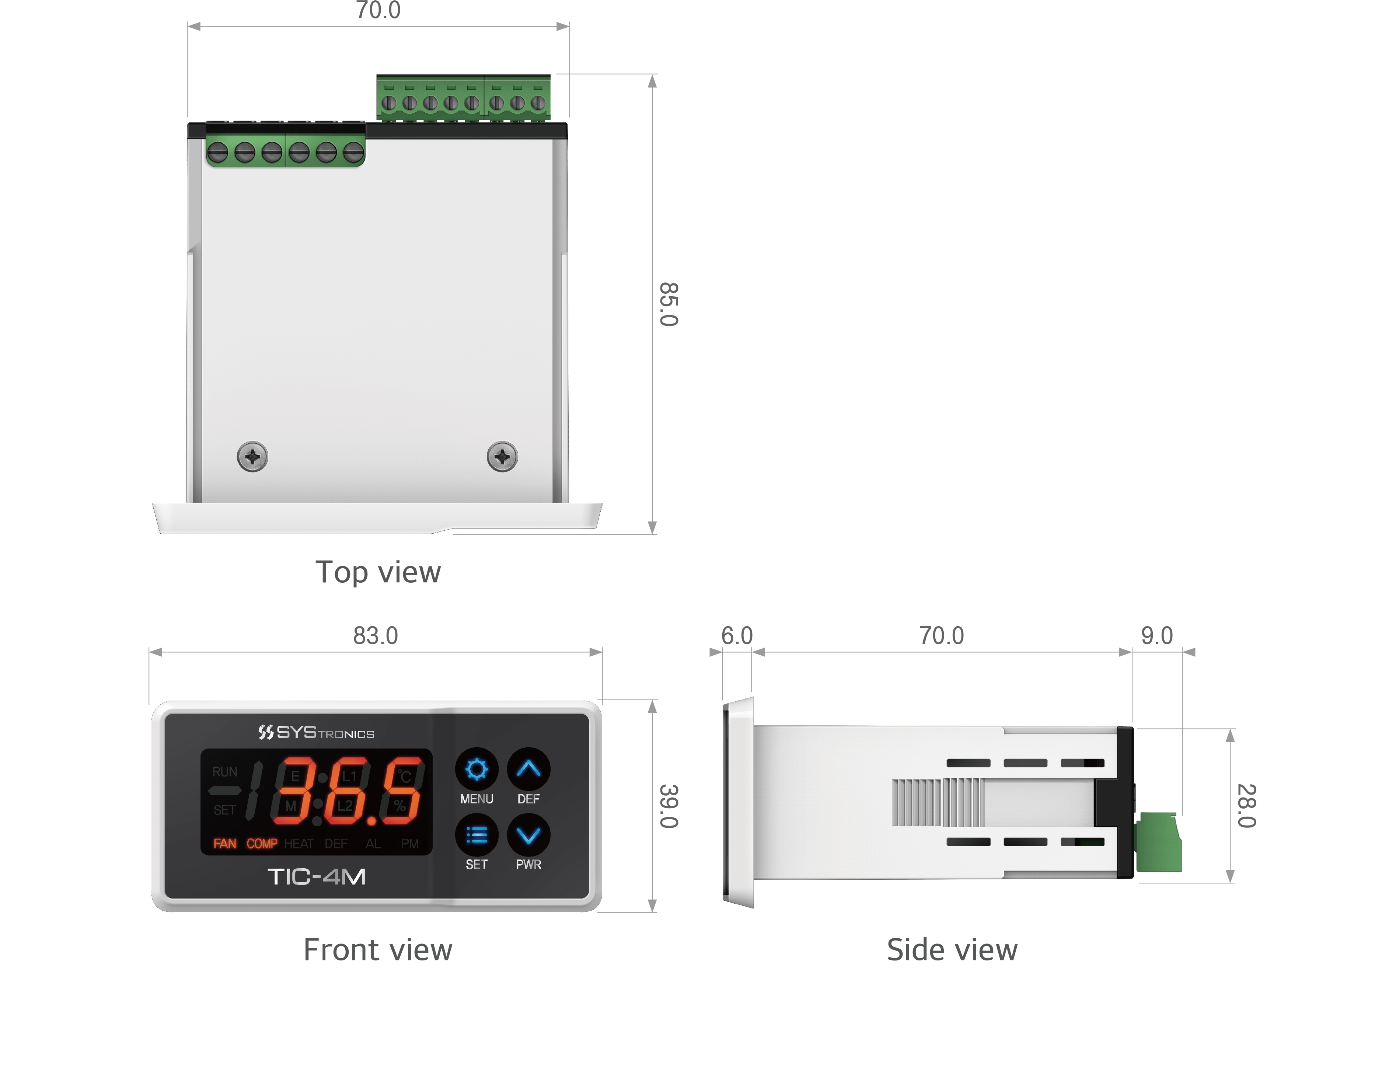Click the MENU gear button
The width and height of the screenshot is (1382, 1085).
pos(477,769)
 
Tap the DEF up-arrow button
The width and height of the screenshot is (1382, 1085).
pos(528,769)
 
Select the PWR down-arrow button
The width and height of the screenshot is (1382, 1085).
pos(528,835)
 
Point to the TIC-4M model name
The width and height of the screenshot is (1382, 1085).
pos(316,877)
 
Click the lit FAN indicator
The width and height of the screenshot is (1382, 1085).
pos(225,844)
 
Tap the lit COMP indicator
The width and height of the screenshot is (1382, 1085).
pos(262,844)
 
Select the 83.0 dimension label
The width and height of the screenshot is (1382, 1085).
pos(375,635)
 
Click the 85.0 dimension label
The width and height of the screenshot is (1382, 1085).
pos(669,304)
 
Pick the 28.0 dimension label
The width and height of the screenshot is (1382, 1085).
pos(1247,806)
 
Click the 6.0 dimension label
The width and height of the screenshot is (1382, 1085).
pos(737,635)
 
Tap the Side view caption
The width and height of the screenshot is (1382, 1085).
pos(952,950)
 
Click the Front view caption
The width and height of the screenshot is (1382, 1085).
pos(378,950)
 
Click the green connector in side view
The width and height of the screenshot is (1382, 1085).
pos(1158,842)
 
